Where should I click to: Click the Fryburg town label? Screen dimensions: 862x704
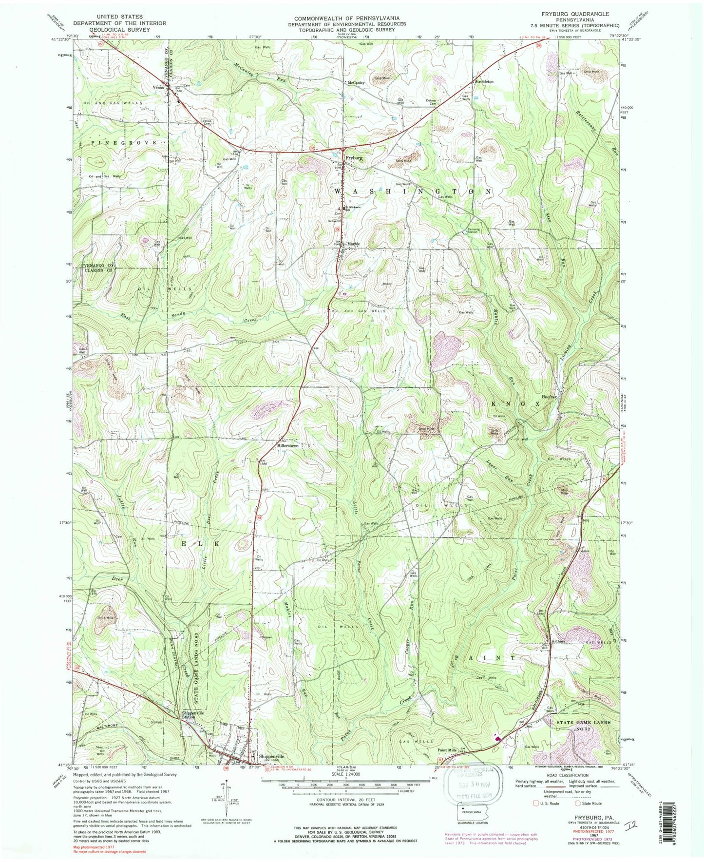(354, 158)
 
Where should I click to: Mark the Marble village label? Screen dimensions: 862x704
(354, 244)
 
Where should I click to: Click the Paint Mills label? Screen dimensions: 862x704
(447, 750)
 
